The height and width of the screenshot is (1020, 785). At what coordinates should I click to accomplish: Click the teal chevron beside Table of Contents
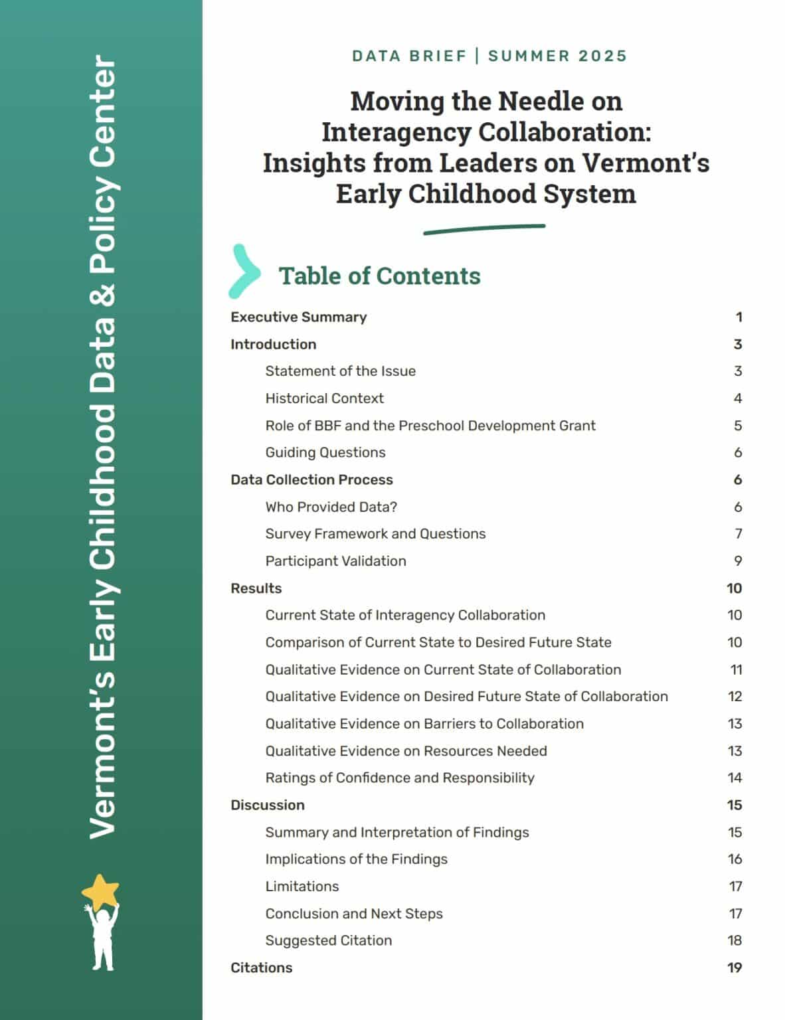244,271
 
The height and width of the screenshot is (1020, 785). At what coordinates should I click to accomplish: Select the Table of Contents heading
379,276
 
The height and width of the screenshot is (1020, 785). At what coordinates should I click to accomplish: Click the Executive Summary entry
298,317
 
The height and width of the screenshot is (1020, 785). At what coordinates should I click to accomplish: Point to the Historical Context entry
324,398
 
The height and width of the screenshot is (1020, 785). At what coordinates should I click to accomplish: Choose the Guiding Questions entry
325,452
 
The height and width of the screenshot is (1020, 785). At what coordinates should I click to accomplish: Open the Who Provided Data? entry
331,507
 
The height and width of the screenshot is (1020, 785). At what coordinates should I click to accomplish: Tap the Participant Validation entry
335,561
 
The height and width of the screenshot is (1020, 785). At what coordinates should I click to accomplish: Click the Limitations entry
302,887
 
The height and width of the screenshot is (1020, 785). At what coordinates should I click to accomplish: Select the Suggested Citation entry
328,940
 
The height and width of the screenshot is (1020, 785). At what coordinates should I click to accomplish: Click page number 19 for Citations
734,968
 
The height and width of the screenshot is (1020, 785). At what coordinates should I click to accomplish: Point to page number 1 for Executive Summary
739,317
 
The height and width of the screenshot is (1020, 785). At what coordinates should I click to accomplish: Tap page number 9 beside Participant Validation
738,561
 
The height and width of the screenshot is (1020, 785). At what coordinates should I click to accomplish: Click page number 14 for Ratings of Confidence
734,778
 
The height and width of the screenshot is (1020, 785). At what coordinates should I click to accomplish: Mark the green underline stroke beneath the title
484,229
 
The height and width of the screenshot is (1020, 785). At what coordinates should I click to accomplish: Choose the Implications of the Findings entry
356,859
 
